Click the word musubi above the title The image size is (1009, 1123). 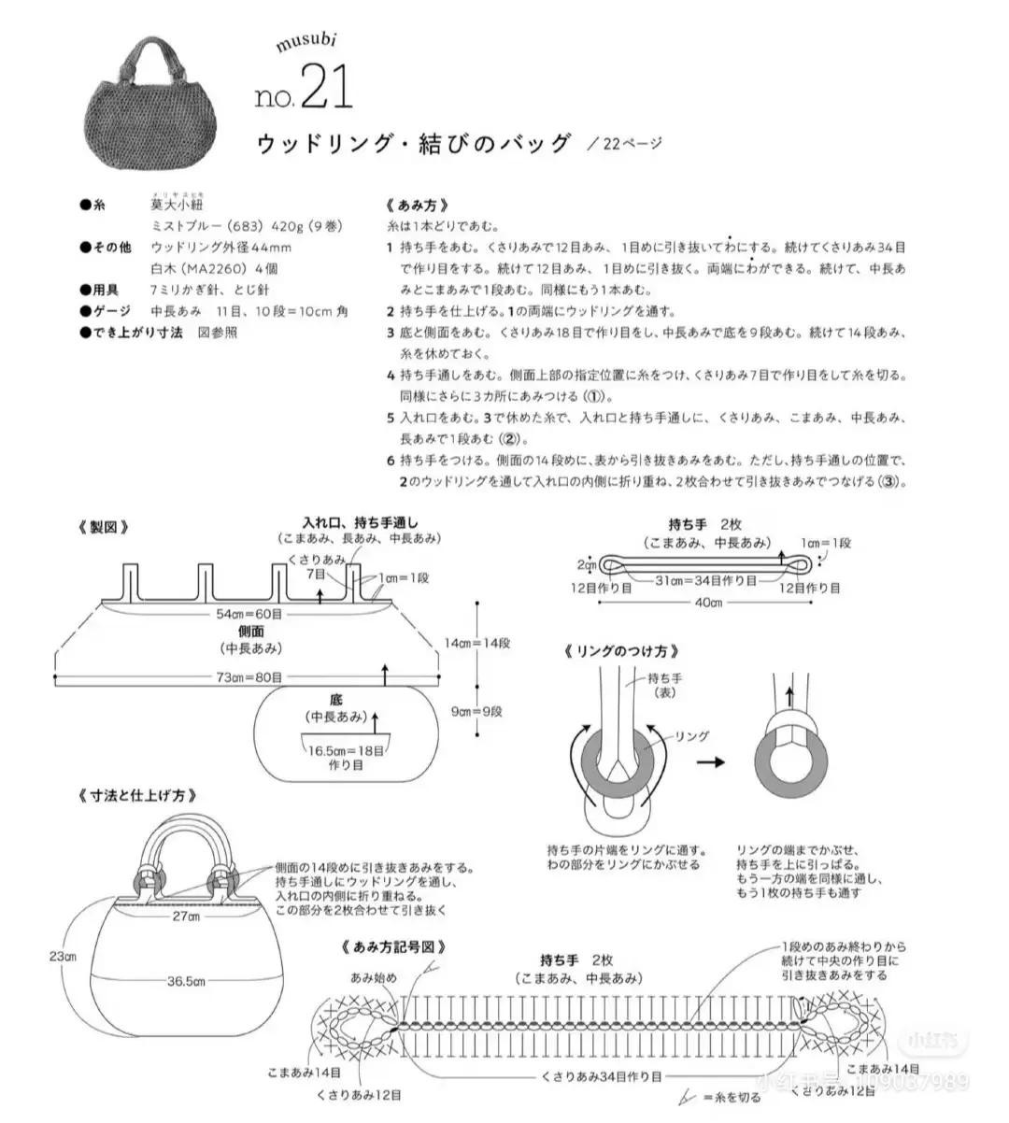(306, 42)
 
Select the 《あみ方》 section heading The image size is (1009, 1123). (417, 206)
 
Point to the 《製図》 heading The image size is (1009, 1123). (103, 527)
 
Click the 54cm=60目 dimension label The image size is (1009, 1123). (249, 614)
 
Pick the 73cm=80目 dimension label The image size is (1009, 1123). (249, 677)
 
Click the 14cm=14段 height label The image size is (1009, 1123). (476, 644)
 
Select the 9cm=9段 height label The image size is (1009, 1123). (476, 711)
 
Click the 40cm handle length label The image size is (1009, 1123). (708, 603)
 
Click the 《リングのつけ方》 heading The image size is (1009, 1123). (621, 651)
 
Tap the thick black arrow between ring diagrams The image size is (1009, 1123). (711, 762)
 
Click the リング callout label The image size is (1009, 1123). (691, 737)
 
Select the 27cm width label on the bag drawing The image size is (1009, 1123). (188, 917)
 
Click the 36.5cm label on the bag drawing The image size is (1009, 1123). (186, 982)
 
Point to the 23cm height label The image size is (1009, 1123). (64, 957)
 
